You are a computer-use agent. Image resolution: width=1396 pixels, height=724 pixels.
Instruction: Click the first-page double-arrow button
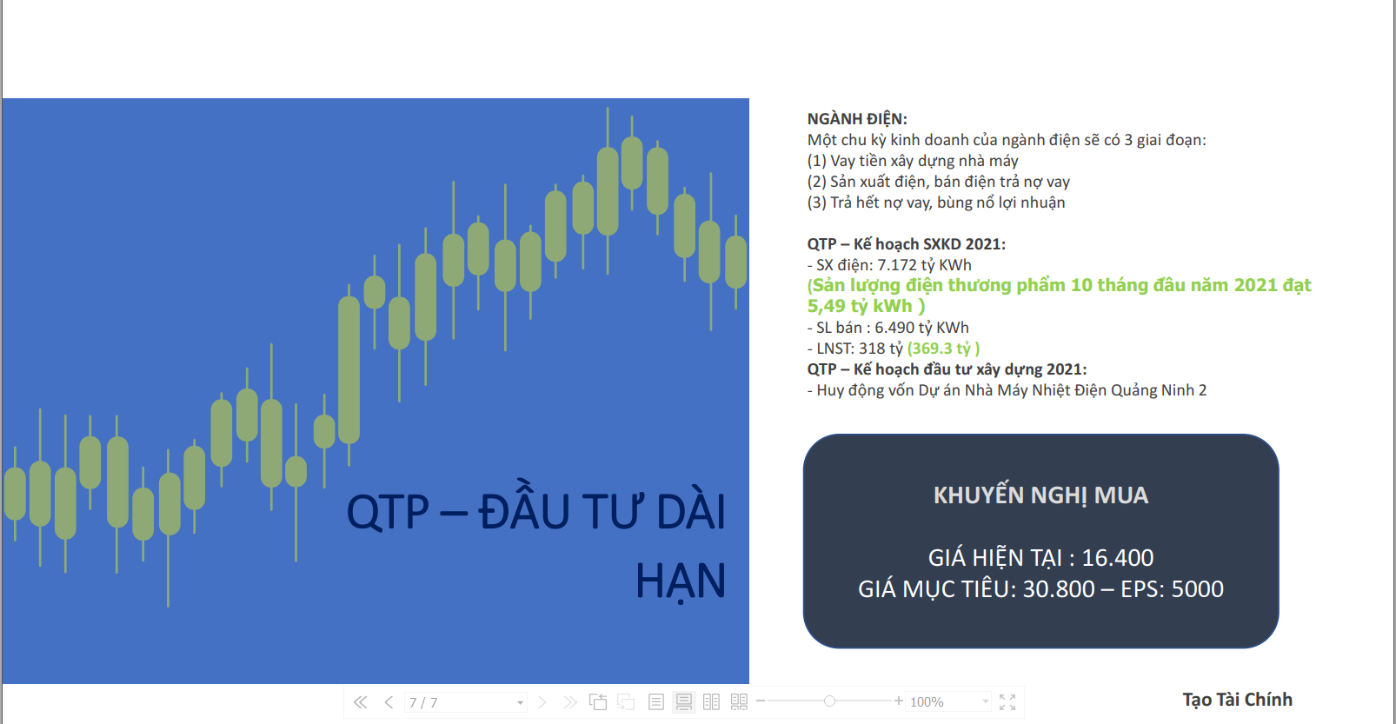[x=360, y=702]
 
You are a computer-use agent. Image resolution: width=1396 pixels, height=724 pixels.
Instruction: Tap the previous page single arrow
[x=389, y=702]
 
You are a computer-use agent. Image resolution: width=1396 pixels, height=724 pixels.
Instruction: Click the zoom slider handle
[x=829, y=701]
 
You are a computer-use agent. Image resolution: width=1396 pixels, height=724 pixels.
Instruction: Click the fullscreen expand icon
[x=1007, y=702]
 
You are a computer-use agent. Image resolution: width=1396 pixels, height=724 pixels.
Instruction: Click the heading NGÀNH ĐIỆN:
[x=857, y=119]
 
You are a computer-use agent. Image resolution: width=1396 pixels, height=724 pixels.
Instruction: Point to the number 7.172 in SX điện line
[x=897, y=265]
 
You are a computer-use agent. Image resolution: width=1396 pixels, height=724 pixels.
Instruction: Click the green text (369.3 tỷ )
[x=943, y=349]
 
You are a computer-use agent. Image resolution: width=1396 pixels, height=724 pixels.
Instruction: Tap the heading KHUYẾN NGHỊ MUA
[x=1040, y=495]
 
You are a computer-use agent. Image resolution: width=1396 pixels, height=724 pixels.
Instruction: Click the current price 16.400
[x=1118, y=558]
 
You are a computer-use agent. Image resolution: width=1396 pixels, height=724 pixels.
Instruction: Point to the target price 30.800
[x=1059, y=588]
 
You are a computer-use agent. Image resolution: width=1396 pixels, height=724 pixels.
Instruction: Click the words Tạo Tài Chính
[x=1238, y=700]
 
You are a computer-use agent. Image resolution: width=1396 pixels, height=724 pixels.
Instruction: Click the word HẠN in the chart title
[x=681, y=581]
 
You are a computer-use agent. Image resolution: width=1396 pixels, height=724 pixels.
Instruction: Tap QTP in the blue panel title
[x=388, y=512]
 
